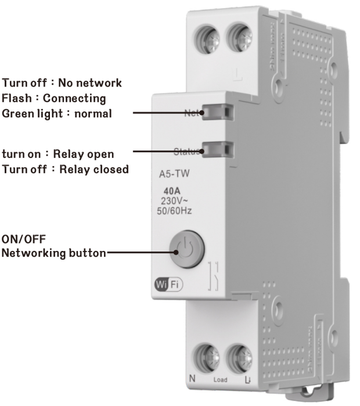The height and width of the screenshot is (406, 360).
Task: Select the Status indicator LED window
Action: point(217,149)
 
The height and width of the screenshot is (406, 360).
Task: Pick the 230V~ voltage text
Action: point(175,200)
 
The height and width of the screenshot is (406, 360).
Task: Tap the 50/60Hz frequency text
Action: point(175,210)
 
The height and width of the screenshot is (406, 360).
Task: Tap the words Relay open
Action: point(84,155)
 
